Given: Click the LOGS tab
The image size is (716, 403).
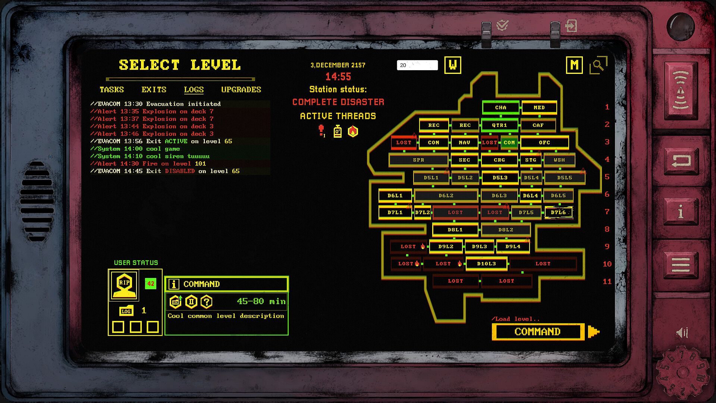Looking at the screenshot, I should click(194, 90).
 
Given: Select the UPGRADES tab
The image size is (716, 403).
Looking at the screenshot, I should click(241, 90).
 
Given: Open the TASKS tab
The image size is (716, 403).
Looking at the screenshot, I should click(112, 90).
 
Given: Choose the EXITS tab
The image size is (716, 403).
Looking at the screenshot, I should click(154, 90).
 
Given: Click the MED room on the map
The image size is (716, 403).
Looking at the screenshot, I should click(539, 107).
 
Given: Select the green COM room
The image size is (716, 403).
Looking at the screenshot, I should click(509, 143).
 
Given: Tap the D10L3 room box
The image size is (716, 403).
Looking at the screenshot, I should click(486, 264).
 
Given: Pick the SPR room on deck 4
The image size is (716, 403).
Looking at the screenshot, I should click(418, 160).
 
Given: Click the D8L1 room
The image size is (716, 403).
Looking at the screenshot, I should click(455, 230).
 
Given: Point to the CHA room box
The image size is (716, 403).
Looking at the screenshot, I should click(500, 107).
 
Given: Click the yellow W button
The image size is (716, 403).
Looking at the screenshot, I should click(452, 65).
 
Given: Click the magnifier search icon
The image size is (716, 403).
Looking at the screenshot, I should click(598, 65).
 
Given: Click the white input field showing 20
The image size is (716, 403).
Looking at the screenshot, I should click(417, 65).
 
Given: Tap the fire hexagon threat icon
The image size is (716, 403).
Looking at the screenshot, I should click(353, 131).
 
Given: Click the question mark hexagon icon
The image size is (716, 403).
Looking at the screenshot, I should click(207, 302).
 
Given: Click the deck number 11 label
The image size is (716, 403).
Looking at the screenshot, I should click(607, 281).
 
